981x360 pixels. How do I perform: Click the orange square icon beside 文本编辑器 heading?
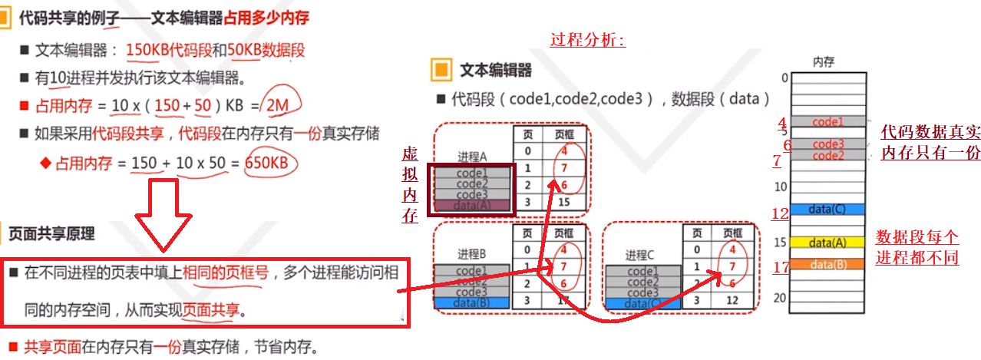click(441, 71)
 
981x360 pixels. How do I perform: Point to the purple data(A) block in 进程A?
click(472, 205)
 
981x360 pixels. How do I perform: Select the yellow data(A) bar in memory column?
click(827, 243)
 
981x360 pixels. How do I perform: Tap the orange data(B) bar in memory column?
click(827, 264)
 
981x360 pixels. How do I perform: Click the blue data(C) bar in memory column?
click(827, 209)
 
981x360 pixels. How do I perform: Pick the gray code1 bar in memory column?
click(827, 121)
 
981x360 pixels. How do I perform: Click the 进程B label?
click(471, 254)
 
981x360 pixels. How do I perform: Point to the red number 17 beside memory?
click(781, 267)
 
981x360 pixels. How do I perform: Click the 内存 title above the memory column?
click(823, 62)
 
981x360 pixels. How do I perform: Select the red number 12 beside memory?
click(780, 214)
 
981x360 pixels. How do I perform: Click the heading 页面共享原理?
click(51, 232)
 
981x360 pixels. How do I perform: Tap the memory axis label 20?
click(781, 298)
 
